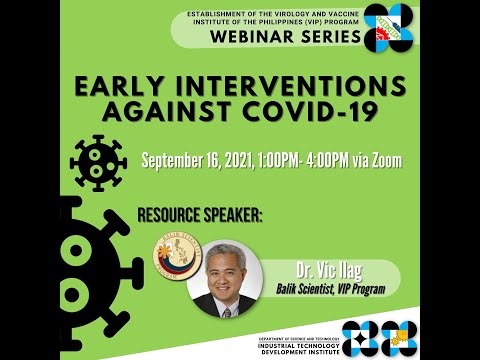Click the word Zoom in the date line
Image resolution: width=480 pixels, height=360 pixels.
[383, 160]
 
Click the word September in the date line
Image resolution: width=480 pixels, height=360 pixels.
[176, 160]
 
